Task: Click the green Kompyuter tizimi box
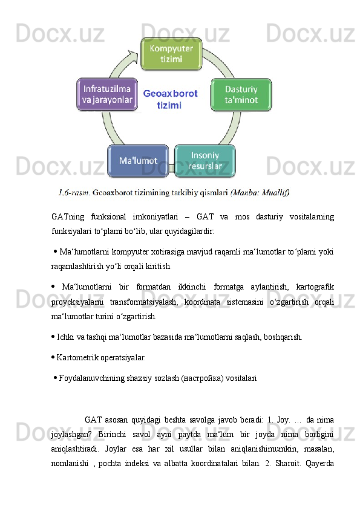pos(171,53)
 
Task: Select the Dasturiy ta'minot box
pos(241,94)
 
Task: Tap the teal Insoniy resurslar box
pos(205,160)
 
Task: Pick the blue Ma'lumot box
pos(138,161)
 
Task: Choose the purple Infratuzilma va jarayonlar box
pos(106,94)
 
